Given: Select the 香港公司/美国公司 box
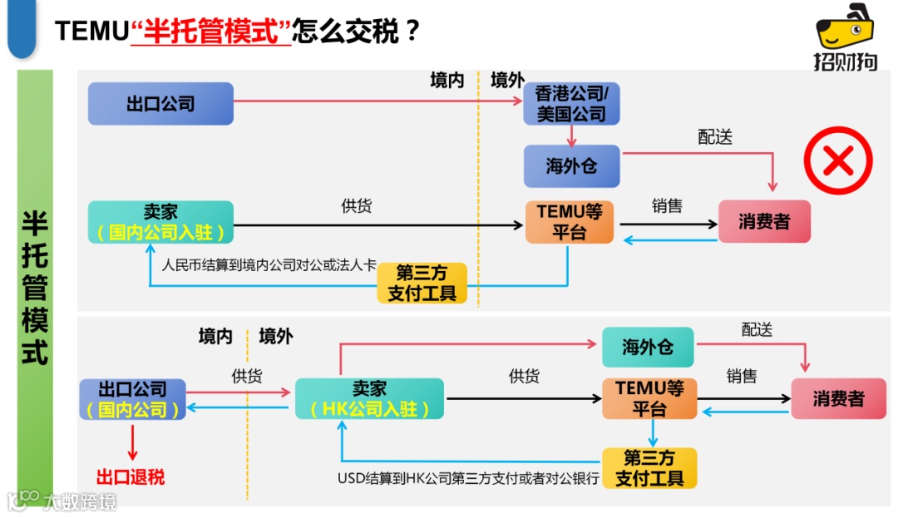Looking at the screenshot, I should [571, 104].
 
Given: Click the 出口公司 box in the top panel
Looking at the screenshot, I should [160, 104].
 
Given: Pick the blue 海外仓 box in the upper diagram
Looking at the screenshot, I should [571, 166].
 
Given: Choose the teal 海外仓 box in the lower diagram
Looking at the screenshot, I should [648, 348].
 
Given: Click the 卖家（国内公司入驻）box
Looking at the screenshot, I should [160, 222].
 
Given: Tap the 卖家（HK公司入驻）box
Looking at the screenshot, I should [369, 398].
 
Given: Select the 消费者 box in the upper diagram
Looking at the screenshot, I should [764, 222].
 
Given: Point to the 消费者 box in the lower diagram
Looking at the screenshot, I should [838, 398].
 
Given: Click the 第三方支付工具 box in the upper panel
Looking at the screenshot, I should [422, 284].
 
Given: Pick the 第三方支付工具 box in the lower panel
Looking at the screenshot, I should [649, 468].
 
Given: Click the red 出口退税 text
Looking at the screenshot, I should [131, 477].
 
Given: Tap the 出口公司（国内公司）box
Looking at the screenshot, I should [132, 399].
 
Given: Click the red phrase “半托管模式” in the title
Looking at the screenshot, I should [211, 31].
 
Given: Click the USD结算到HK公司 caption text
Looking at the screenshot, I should [468, 479].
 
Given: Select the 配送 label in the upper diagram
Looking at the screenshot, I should [715, 137].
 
